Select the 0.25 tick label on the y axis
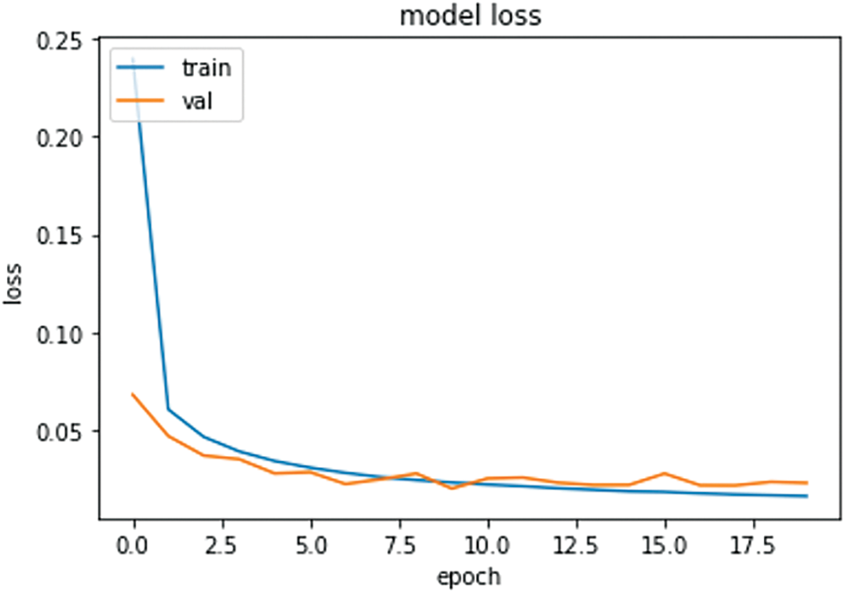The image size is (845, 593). pos(62,40)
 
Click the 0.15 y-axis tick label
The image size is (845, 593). pos(62,235)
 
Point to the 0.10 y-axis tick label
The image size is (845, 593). pos(62,334)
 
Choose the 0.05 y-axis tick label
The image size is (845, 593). pos(62,431)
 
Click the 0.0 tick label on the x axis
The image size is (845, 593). pos(134,546)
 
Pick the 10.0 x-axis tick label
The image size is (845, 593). pos(488,546)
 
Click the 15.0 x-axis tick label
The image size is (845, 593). pos(665,546)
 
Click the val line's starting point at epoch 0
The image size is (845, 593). pos(134,395)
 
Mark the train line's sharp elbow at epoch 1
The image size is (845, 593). pos(169,409)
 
